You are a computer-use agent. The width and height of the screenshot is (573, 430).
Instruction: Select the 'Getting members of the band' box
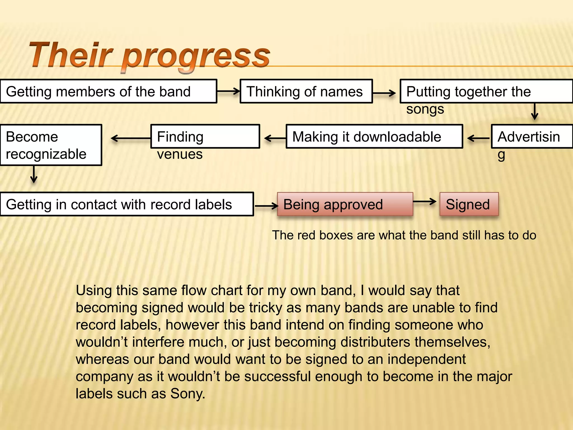pyautogui.click(x=108, y=92)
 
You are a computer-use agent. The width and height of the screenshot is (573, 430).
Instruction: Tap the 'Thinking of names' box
pyautogui.click(x=306, y=92)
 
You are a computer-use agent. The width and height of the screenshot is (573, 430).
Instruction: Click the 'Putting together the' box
pyautogui.click(x=486, y=92)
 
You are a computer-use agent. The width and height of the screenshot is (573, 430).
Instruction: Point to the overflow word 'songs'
pyautogui.click(x=425, y=109)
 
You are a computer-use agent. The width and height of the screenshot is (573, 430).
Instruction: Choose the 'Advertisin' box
pyautogui.click(x=532, y=137)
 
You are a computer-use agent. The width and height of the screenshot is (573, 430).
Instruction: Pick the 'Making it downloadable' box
pyautogui.click(x=374, y=137)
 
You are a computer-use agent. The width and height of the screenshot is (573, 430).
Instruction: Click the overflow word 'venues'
pyautogui.click(x=180, y=154)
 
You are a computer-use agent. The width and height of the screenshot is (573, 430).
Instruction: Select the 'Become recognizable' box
pyautogui.click(x=51, y=145)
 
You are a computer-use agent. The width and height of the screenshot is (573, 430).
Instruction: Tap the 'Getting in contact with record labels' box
pyautogui.click(x=126, y=204)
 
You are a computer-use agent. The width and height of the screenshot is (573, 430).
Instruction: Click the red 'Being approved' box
pyautogui.click(x=345, y=204)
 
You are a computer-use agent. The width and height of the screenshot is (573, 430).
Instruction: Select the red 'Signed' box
pyautogui.click(x=469, y=204)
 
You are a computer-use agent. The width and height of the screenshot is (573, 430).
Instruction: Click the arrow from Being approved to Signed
pyautogui.click(x=424, y=201)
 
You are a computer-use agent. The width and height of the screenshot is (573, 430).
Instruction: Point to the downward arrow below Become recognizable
pyautogui.click(x=34, y=174)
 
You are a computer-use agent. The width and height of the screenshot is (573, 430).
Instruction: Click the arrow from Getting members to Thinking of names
pyautogui.click(x=228, y=91)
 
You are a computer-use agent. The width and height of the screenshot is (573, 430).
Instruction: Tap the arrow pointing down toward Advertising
pyautogui.click(x=535, y=111)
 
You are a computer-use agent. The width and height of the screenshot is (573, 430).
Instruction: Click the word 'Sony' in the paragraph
pyautogui.click(x=187, y=394)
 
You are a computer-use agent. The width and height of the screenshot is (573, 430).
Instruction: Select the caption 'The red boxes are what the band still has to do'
pyautogui.click(x=404, y=235)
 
